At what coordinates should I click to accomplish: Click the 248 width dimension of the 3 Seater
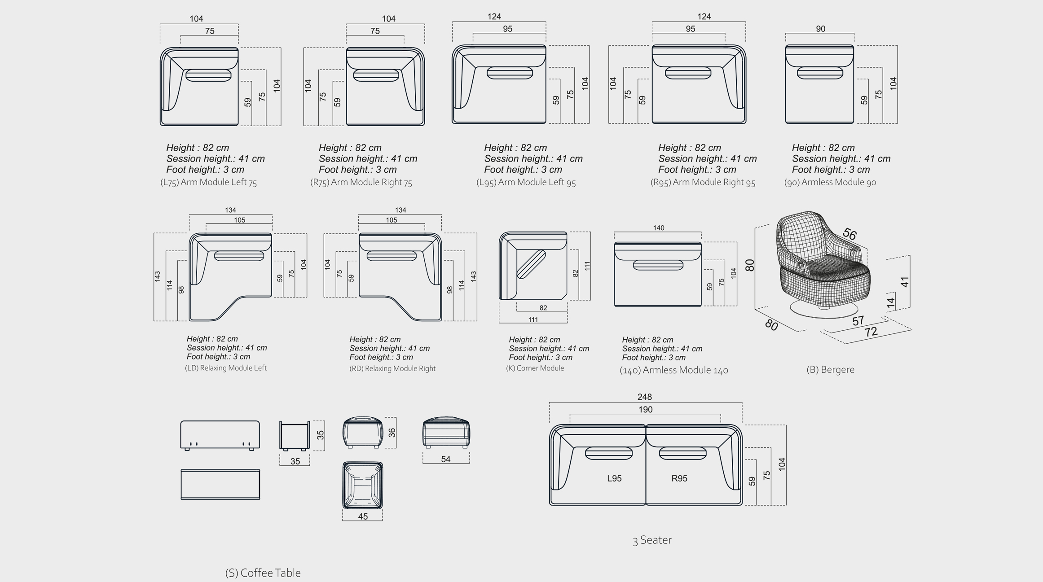point(644,397)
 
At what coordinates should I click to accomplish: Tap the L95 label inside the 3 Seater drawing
point(614,478)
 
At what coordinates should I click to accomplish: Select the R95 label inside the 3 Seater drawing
point(679,478)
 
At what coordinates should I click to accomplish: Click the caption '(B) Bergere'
point(830,370)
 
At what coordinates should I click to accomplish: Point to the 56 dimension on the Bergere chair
point(849,234)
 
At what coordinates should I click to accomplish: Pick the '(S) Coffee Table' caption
point(263,573)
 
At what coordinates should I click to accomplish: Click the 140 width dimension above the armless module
point(658,228)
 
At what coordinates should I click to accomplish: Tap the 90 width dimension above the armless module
point(820,29)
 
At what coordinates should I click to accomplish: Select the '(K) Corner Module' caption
point(535,368)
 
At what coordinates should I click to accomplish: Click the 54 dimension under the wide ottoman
point(445,459)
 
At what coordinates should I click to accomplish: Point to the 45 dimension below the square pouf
point(363,516)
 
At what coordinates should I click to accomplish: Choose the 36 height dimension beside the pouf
point(392,433)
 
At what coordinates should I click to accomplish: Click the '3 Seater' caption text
point(652,540)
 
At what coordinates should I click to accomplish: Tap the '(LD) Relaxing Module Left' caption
point(226,368)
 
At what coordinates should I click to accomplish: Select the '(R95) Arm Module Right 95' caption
point(703,182)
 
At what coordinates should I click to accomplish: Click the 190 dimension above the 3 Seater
point(645,409)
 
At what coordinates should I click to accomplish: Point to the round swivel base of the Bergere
point(824,310)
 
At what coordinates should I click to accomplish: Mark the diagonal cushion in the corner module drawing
point(531,264)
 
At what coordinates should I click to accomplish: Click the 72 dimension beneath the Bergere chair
point(871,332)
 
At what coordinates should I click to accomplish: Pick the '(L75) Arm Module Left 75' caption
point(208,182)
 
